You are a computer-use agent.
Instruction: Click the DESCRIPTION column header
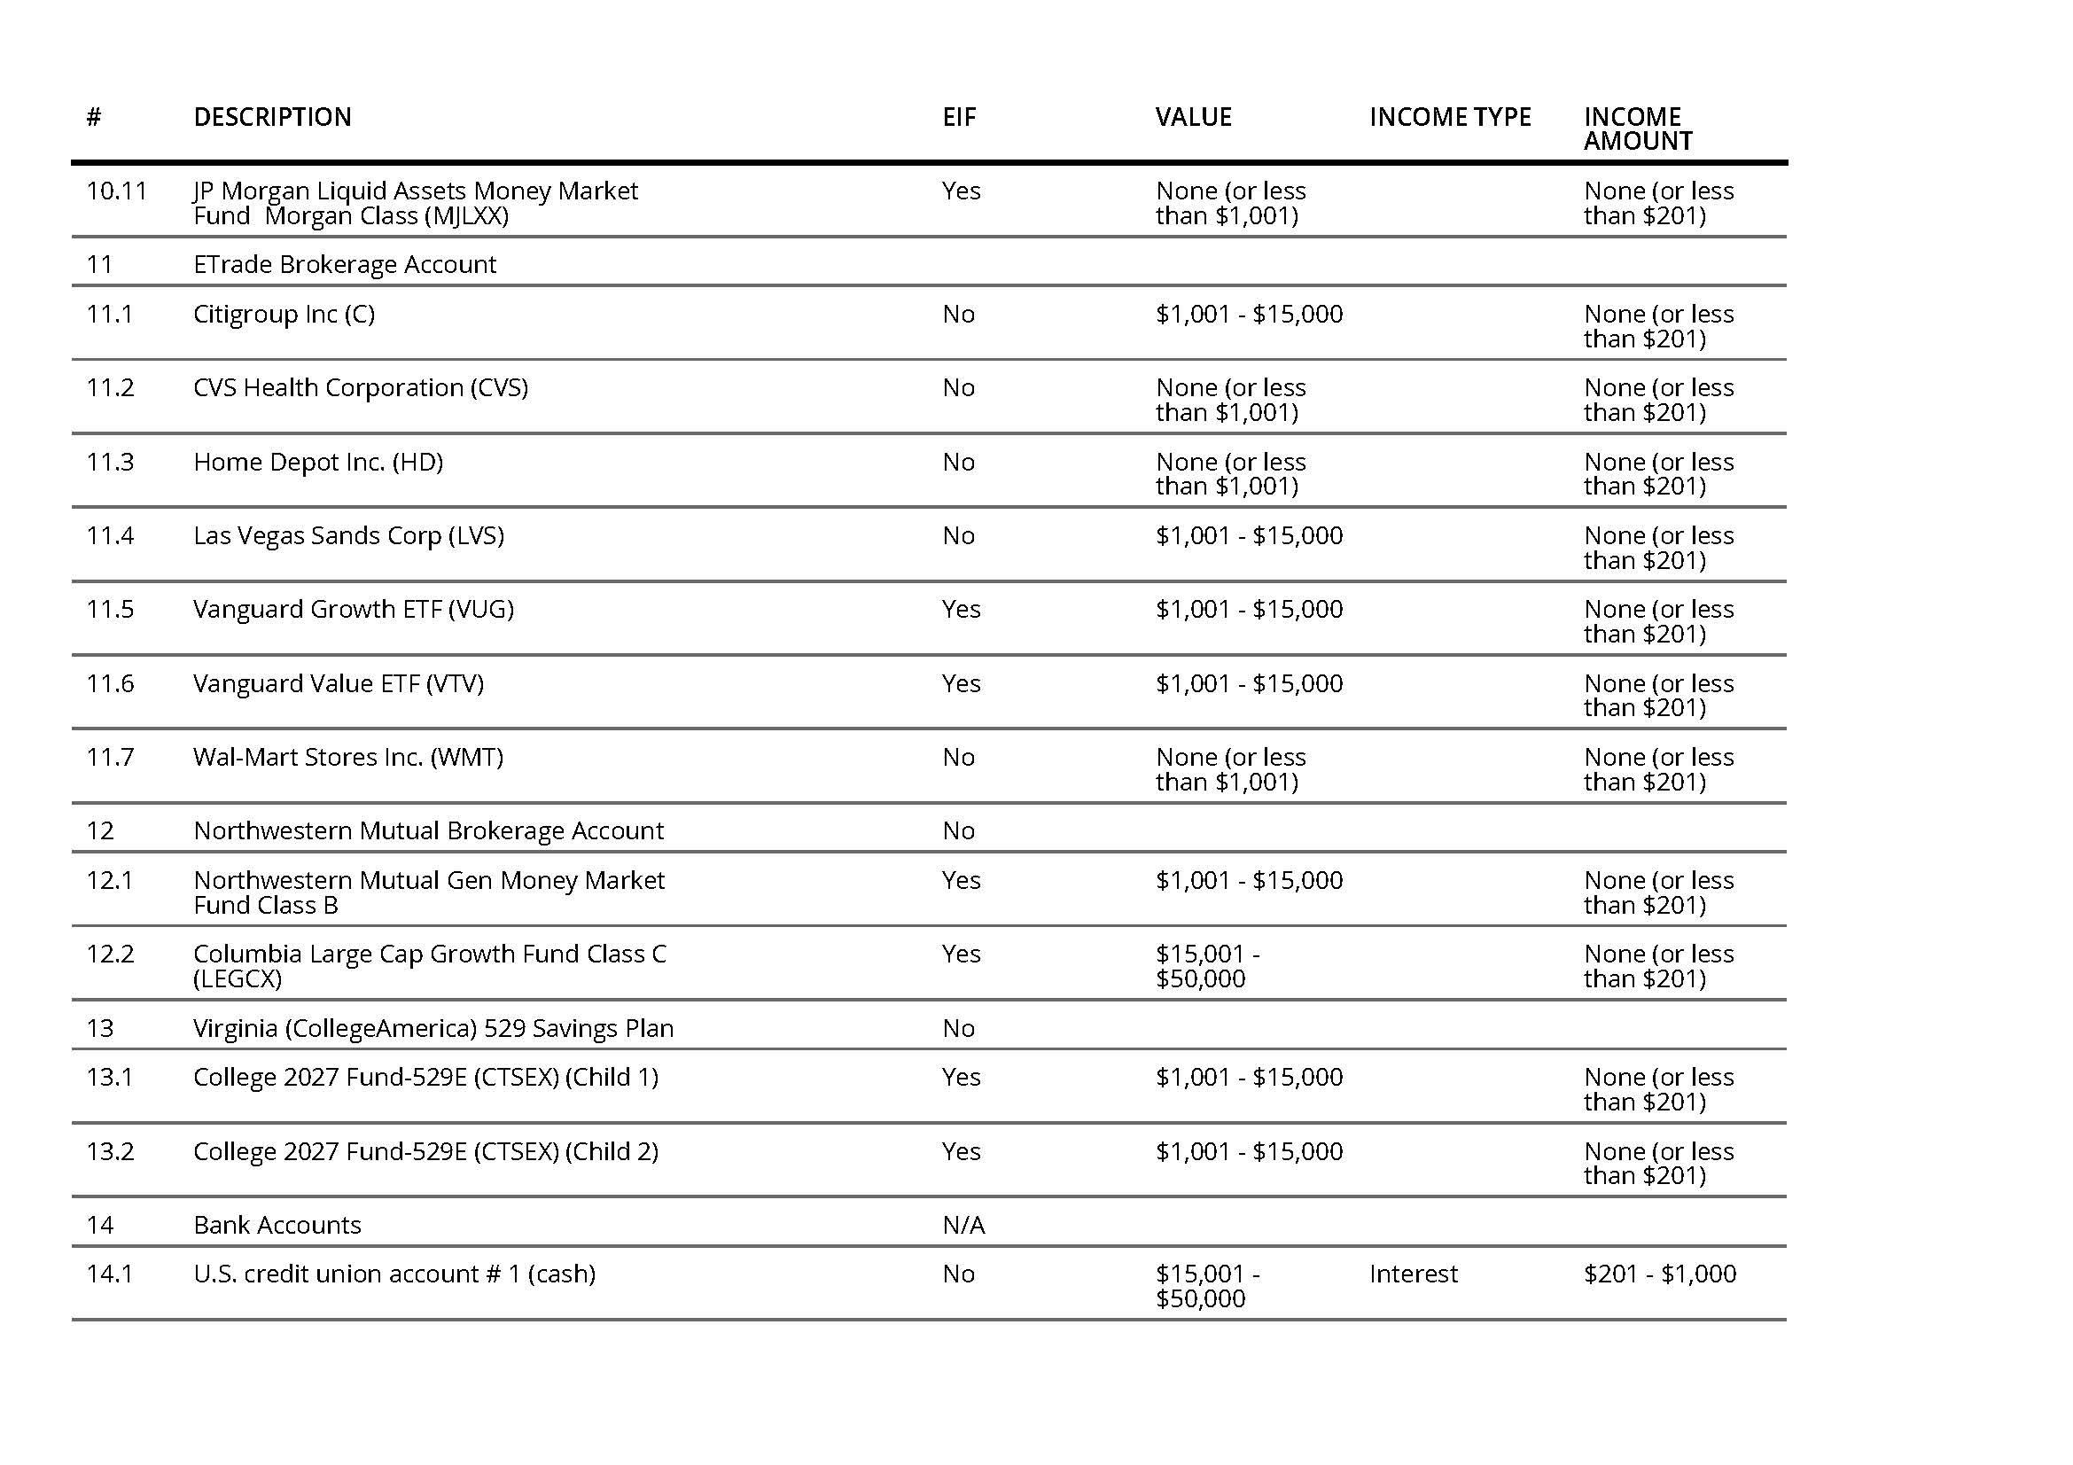coord(272,117)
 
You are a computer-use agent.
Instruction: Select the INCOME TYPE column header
coord(1449,117)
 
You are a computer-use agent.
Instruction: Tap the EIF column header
coord(959,117)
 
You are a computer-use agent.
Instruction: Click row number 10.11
coord(115,191)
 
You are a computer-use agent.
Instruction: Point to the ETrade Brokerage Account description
coord(344,264)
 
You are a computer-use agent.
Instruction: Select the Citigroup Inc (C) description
coord(284,314)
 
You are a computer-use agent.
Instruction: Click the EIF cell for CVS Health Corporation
coord(958,388)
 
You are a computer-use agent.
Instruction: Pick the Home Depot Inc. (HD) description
coord(318,462)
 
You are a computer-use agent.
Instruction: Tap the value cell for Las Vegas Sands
coord(1249,536)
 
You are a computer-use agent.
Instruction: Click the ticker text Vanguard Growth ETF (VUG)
coord(353,609)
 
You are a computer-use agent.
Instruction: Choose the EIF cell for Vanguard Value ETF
coord(961,683)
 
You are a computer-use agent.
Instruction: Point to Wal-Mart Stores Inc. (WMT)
coord(347,758)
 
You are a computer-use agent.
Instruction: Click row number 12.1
coord(109,880)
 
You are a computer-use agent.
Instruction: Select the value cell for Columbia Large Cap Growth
coord(1207,967)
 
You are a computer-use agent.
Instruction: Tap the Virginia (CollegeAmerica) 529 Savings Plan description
coord(433,1028)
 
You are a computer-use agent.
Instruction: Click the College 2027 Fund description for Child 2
coord(425,1152)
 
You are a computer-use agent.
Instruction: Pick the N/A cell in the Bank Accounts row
coord(963,1225)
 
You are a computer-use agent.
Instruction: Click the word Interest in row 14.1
coord(1413,1274)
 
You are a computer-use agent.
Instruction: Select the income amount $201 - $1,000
coord(1658,1274)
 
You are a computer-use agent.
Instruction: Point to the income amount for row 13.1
coord(1657,1089)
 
